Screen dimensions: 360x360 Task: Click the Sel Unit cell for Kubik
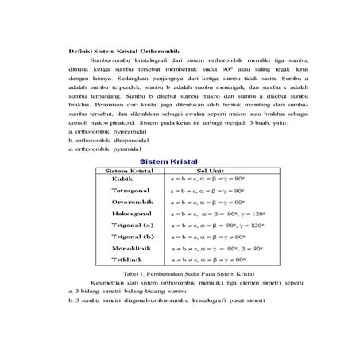pos(208,180)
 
